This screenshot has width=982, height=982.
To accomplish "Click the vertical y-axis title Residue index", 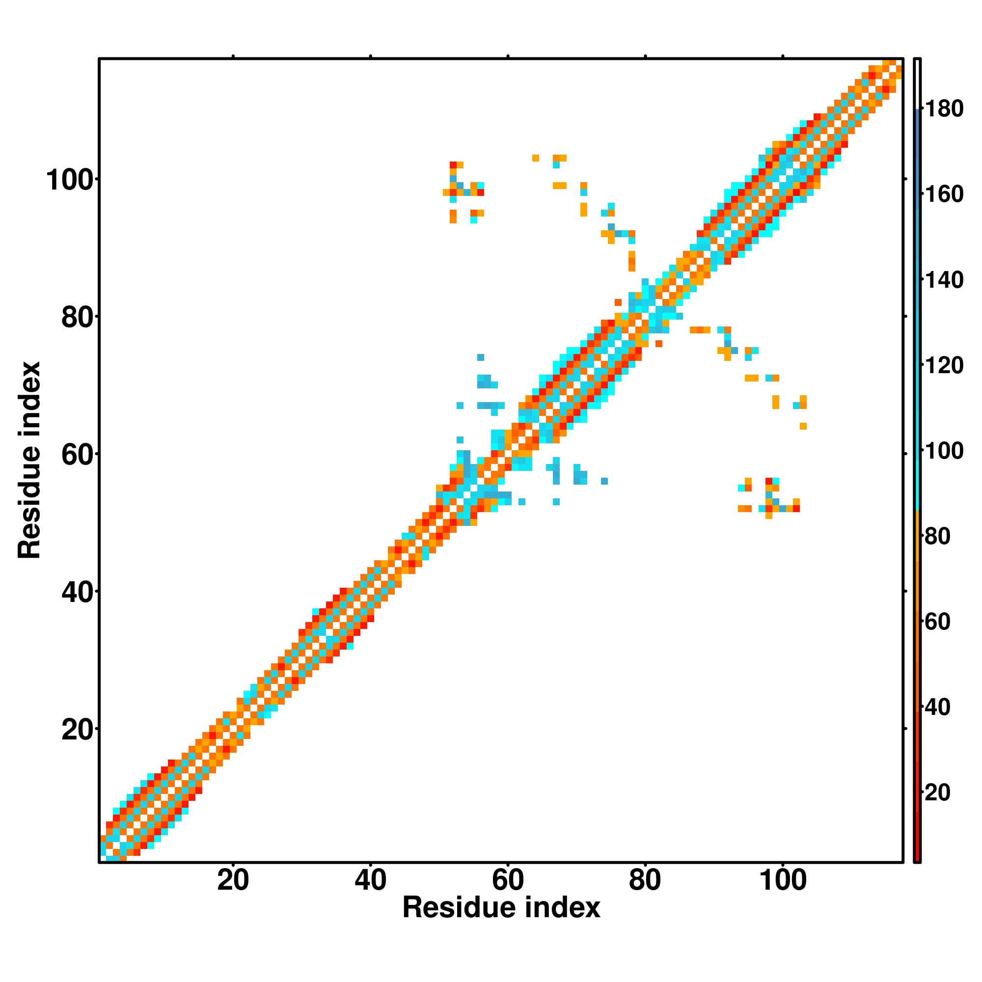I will [29, 460].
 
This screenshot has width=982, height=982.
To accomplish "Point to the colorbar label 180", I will [943, 109].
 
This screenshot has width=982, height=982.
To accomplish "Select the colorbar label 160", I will [943, 194].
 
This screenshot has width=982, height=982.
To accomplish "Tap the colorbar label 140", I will [943, 279].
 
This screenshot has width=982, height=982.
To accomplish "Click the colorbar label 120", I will [943, 365].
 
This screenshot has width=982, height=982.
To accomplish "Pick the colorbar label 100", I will [943, 451].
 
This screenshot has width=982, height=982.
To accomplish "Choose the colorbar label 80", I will [937, 536].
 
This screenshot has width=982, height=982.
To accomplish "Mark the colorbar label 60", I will [937, 622].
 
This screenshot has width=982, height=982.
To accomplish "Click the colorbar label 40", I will [937, 707].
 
